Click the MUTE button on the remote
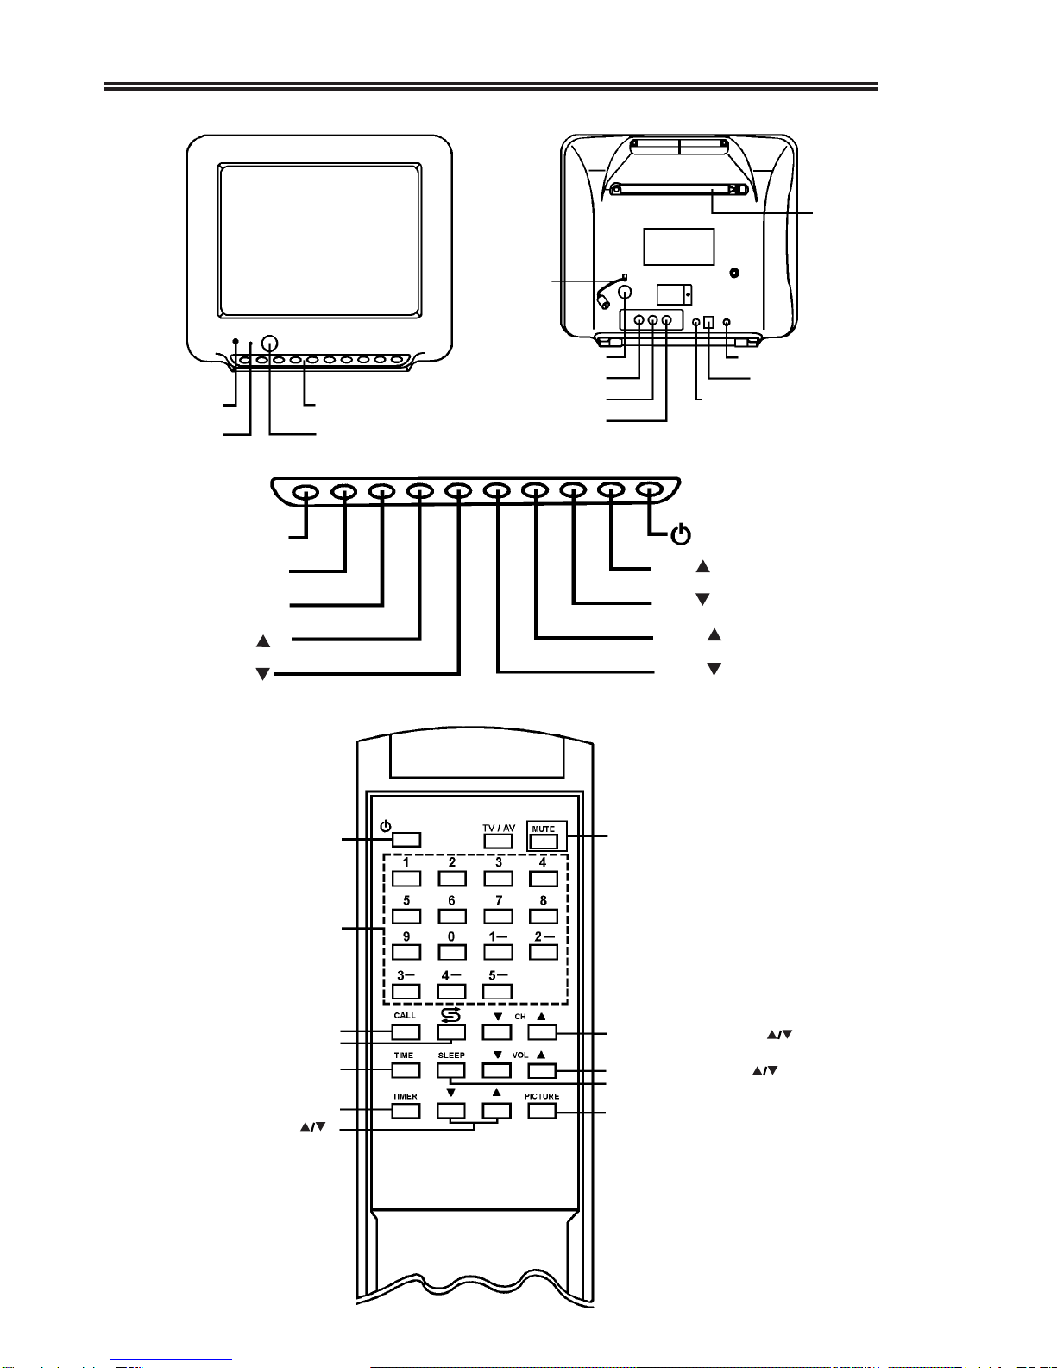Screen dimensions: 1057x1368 (x=544, y=841)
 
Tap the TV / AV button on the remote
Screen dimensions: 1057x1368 (x=498, y=841)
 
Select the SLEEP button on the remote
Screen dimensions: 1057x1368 (x=451, y=1070)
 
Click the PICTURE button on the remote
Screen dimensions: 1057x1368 (x=542, y=1111)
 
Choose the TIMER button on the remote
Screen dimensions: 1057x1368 (x=406, y=1111)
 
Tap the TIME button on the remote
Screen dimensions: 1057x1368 (x=406, y=1070)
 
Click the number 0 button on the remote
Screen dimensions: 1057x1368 (x=452, y=953)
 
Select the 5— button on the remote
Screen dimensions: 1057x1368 (x=497, y=992)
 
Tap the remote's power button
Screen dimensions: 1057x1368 (x=406, y=840)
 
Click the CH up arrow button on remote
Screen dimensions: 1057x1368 (x=542, y=1031)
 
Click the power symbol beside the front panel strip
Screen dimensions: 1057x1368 (x=681, y=534)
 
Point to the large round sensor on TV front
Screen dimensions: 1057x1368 (x=269, y=343)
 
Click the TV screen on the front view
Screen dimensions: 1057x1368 (x=319, y=241)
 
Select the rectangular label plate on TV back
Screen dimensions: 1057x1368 (x=678, y=247)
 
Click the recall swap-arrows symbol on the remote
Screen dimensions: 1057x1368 (x=450, y=1015)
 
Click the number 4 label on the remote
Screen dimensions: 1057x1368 (x=543, y=862)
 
